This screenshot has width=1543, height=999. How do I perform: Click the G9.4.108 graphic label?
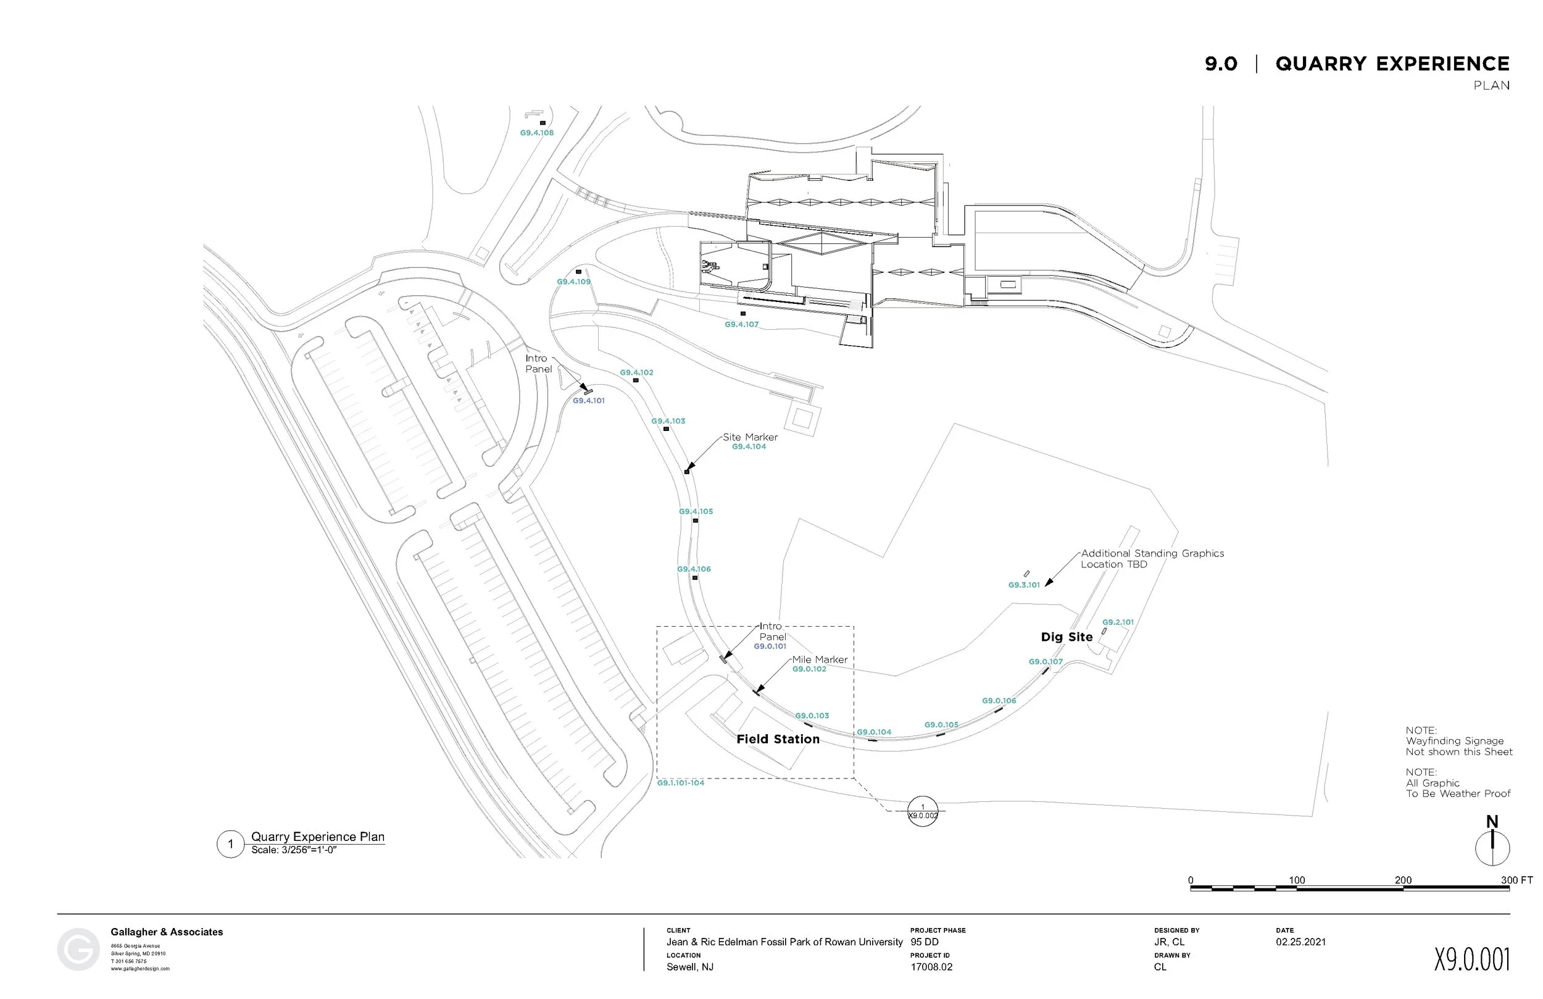pyautogui.click(x=537, y=133)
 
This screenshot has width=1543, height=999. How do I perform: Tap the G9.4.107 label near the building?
pyautogui.click(x=742, y=324)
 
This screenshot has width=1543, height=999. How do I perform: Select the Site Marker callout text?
pyautogui.click(x=750, y=437)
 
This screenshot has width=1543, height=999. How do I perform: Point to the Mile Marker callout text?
pyautogui.click(x=820, y=660)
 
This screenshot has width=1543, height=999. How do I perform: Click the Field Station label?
pyautogui.click(x=778, y=739)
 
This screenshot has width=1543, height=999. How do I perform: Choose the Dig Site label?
pyautogui.click(x=1067, y=637)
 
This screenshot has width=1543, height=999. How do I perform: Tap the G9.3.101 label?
pyautogui.click(x=1024, y=585)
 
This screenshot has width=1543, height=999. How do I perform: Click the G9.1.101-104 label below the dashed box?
pyautogui.click(x=681, y=783)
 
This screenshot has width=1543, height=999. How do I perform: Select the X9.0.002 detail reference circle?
pyautogui.click(x=923, y=811)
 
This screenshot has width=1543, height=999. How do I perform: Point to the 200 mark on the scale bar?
pyautogui.click(x=1403, y=880)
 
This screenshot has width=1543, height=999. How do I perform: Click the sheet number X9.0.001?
pyautogui.click(x=1471, y=959)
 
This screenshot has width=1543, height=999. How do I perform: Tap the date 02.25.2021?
pyautogui.click(x=1300, y=942)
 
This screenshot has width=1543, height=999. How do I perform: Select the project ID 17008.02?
pyautogui.click(x=931, y=966)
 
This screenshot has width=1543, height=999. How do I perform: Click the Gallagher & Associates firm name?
pyautogui.click(x=167, y=932)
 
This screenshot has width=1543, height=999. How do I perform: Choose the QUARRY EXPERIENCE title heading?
pyautogui.click(x=1392, y=64)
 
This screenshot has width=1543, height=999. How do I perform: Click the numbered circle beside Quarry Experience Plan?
pyautogui.click(x=230, y=844)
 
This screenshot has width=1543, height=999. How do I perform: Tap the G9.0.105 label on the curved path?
pyautogui.click(x=941, y=725)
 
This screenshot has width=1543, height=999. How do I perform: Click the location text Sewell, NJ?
pyautogui.click(x=690, y=966)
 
